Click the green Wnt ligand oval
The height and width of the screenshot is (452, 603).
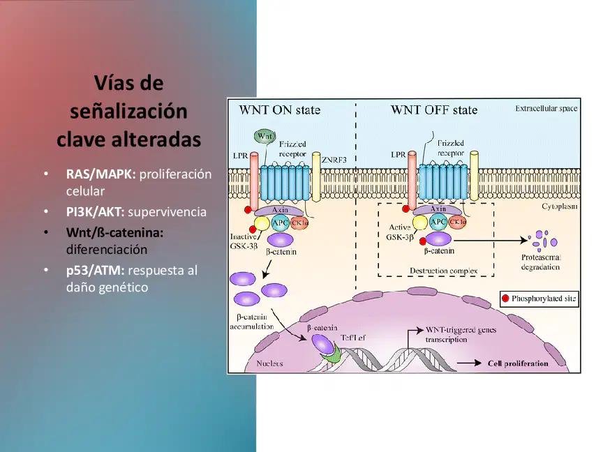pyautogui.click(x=265, y=137)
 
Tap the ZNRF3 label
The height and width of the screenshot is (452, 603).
pyautogui.click(x=334, y=160)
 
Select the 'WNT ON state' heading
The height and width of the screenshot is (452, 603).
pyautogui.click(x=280, y=110)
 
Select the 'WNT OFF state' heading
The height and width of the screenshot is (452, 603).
pyautogui.click(x=434, y=110)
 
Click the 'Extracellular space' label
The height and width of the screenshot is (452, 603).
pyautogui.click(x=546, y=108)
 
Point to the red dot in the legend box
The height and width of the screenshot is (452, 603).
pyautogui.click(x=505, y=299)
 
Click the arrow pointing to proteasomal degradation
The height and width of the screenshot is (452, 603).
pyautogui.click(x=491, y=241)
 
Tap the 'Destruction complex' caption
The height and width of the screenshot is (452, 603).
pyautogui.click(x=443, y=271)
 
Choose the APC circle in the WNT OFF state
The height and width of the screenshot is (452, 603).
pyautogui.click(x=438, y=222)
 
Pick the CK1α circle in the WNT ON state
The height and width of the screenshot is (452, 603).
pyautogui.click(x=299, y=223)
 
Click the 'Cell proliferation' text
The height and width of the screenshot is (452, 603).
pyautogui.click(x=518, y=363)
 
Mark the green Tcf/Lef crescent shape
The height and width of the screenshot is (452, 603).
pyautogui.click(x=332, y=355)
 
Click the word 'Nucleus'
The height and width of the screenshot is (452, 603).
pyautogui.click(x=269, y=363)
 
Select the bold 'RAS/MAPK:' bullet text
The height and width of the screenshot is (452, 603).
pyautogui.click(x=100, y=174)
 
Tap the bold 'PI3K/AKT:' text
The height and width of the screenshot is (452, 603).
pyautogui.click(x=96, y=212)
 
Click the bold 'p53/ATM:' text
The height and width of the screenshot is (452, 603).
pyautogui.click(x=96, y=270)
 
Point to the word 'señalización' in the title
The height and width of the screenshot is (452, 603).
pyautogui.click(x=129, y=111)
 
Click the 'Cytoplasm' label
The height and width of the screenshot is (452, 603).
pyautogui.click(x=560, y=206)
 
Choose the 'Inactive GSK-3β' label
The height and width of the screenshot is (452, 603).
pyautogui.click(x=244, y=241)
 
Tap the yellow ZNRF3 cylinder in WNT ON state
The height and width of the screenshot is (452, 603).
pyautogui.click(x=316, y=176)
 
